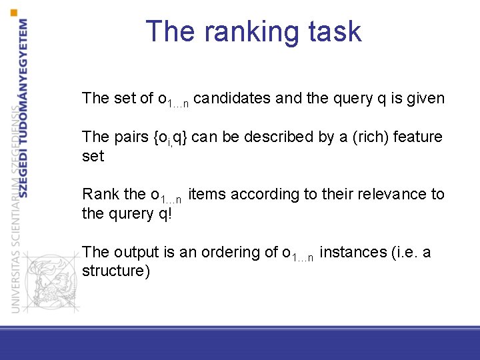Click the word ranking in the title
point(253,32)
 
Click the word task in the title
point(335,32)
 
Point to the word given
point(425,99)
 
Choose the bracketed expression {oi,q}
point(170,137)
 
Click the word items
point(207,195)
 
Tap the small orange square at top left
point(15,13)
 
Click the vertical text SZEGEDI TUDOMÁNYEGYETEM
point(24,107)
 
